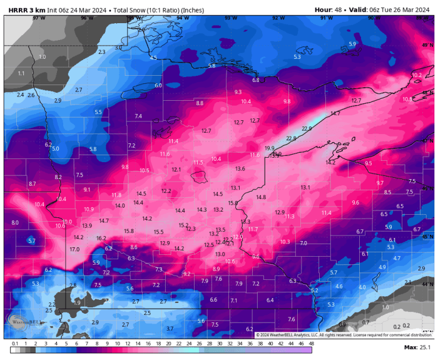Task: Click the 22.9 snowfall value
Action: point(307,128)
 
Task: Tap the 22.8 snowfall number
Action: point(291,138)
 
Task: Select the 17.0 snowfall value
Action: point(74,249)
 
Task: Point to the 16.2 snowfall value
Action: point(101,238)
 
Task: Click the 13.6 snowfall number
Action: point(240,168)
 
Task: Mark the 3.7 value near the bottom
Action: point(170,328)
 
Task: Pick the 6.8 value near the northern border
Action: point(255,80)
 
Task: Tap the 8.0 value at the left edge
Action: point(15,222)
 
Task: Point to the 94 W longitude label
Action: point(183,18)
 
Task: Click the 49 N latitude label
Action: point(429,46)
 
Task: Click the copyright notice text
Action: point(344,335)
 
